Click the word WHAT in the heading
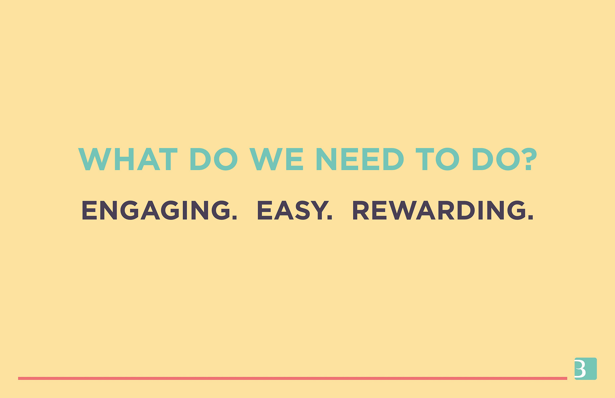click(128, 159)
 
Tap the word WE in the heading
click(277, 159)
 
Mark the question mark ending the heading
click(529, 159)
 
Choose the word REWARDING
click(439, 210)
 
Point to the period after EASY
click(330, 217)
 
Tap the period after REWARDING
click(530, 217)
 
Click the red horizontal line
click(292, 378)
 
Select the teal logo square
click(585, 368)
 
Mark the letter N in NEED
click(327, 159)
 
